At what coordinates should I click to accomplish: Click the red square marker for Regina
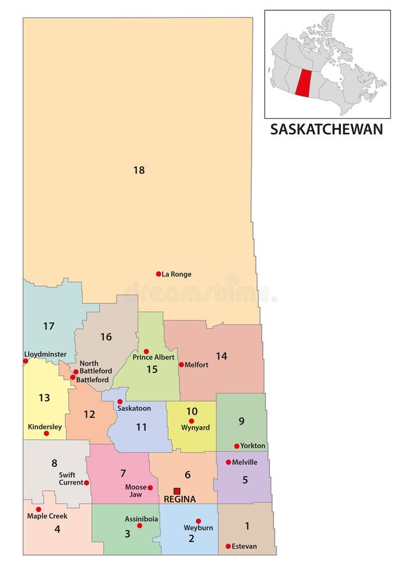pos(177,491)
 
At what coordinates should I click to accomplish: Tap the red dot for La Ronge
pos(158,274)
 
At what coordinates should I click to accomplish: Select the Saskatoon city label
pos(134,408)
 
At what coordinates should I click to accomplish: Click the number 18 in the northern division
pos(139,170)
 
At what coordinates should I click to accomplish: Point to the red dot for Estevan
pos(228,546)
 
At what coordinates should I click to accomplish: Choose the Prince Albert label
pos(154,357)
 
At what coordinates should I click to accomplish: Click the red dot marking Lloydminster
pos(26,361)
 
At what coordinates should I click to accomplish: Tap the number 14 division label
pos(221,356)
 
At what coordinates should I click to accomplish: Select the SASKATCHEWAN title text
pos(326,129)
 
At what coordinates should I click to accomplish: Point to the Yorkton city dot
pos(236,446)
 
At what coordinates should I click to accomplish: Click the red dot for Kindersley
pos(46,433)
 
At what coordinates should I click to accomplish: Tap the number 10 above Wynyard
pos(192,411)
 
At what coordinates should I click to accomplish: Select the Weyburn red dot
pos(198,521)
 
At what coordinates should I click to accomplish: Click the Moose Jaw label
pos(136,491)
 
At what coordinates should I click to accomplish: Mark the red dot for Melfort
pos(181,365)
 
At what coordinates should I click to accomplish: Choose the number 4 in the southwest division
pos(57,529)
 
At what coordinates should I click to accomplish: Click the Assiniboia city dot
pos(139,525)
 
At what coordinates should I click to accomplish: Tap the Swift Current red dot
pos(86,482)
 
